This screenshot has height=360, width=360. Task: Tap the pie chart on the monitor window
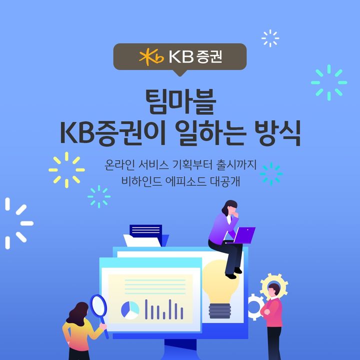[130, 310]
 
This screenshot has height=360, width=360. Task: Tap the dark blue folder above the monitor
[145, 231]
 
